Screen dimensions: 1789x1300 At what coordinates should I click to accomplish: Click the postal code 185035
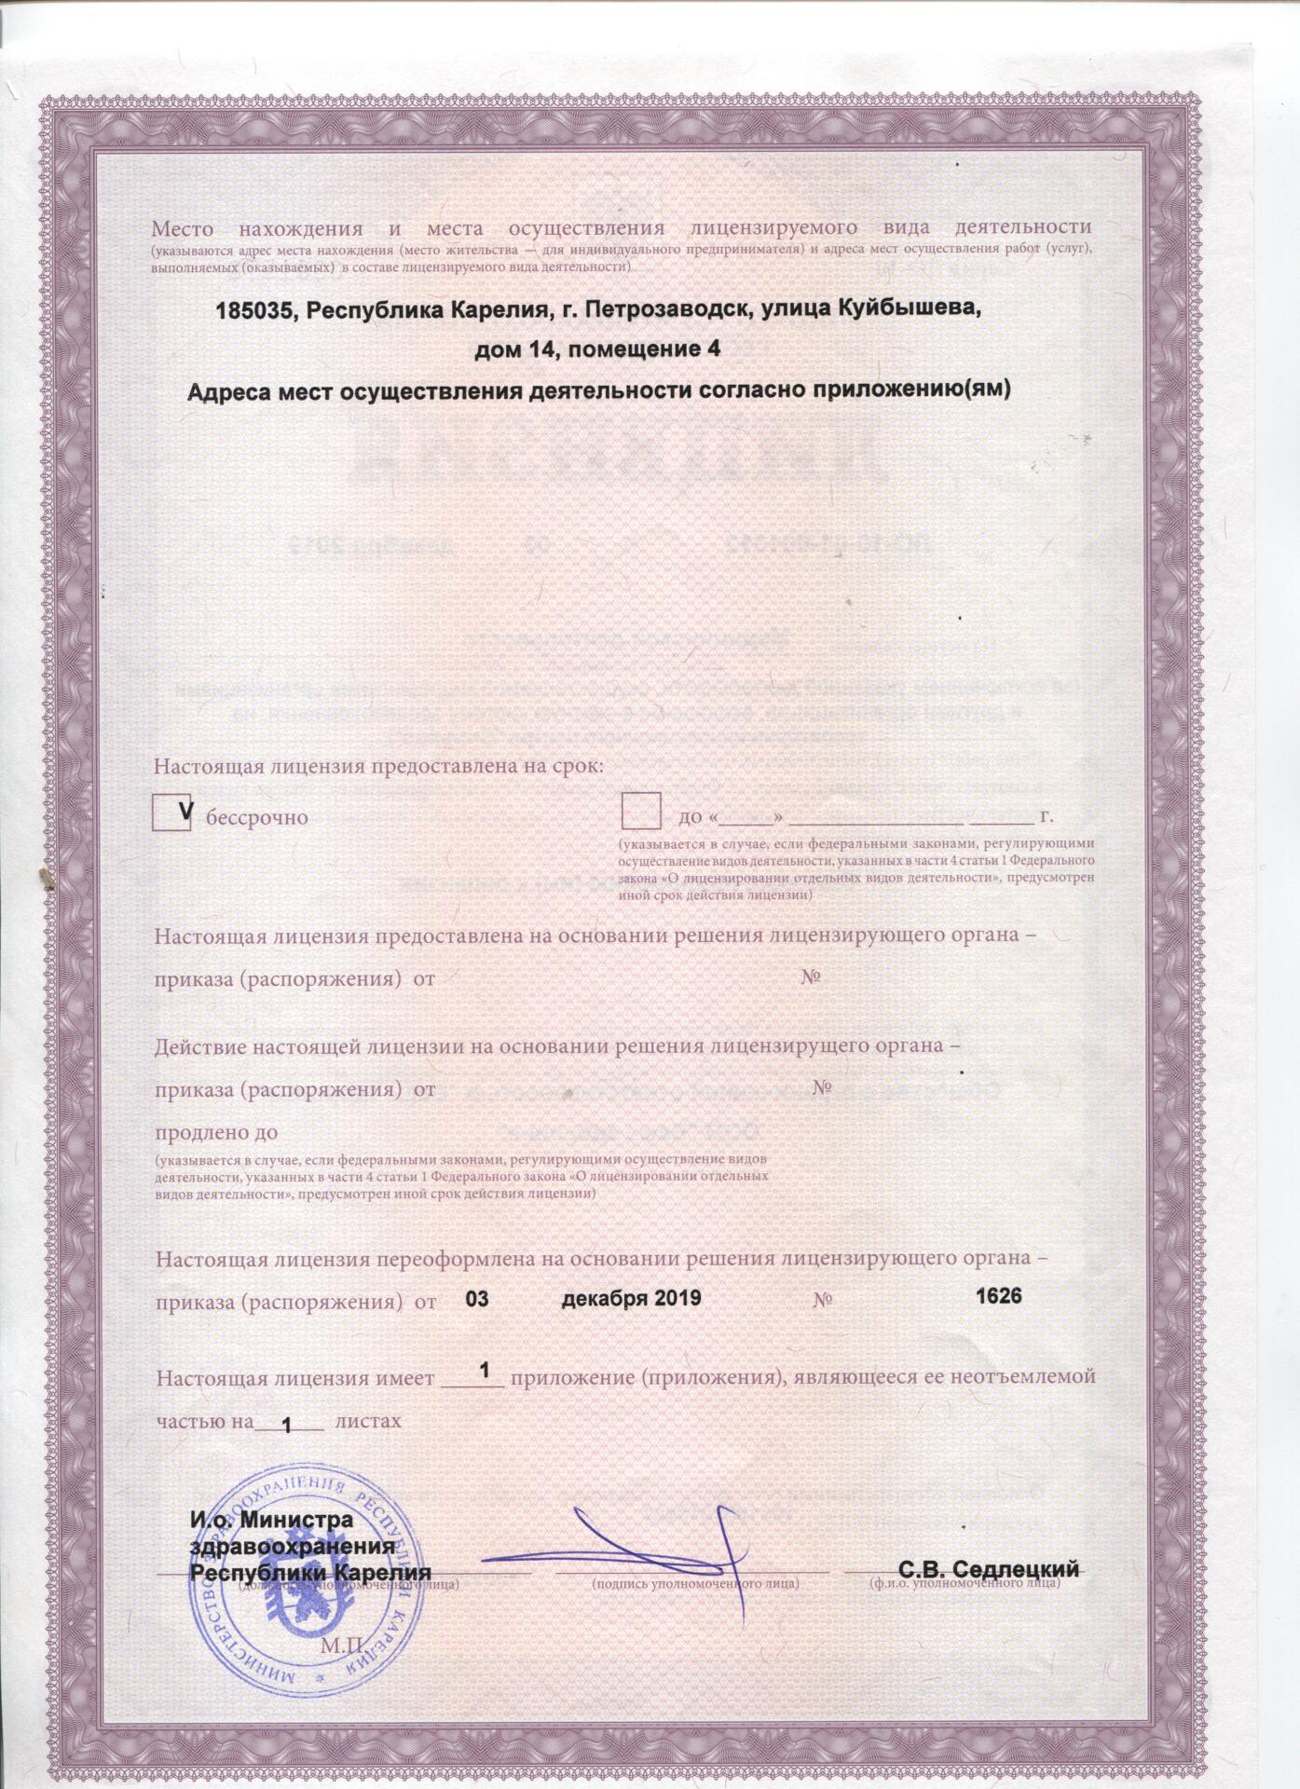(x=250, y=310)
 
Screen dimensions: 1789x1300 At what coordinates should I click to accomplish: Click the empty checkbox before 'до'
(x=641, y=812)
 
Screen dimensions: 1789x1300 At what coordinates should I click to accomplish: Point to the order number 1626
(x=998, y=1297)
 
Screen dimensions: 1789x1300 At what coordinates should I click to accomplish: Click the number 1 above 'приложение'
(x=484, y=1371)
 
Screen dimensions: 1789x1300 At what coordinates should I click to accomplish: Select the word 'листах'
(x=367, y=1422)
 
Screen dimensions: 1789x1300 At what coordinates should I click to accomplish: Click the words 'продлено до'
(x=216, y=1132)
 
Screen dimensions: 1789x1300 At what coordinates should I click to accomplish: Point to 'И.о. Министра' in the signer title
(x=272, y=1520)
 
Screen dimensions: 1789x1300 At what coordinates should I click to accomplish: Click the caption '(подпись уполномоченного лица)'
(x=694, y=1582)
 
